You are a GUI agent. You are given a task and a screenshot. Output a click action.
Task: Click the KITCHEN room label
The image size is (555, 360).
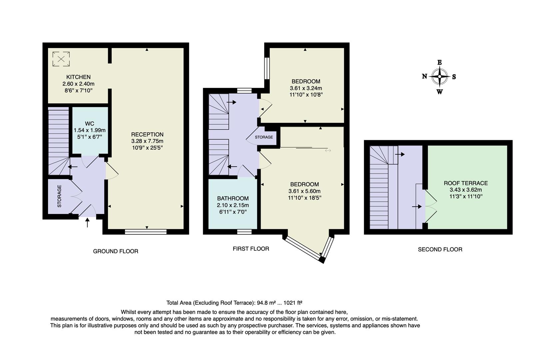[78, 77]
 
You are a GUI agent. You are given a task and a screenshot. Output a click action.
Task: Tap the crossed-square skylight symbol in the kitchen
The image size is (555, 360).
[61, 59]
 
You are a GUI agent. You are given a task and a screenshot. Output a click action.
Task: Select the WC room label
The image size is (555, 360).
[90, 124]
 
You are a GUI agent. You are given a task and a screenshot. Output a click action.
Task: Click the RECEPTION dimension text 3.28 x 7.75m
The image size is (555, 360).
[147, 141]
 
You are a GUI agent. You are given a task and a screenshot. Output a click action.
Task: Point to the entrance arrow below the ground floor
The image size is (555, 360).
[88, 222]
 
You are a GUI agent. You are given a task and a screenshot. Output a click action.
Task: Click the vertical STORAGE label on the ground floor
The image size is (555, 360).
[60, 196]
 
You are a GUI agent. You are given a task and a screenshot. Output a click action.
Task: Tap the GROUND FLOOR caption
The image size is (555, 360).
[115, 251]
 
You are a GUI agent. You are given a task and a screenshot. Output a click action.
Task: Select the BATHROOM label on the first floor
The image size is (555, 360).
[233, 198]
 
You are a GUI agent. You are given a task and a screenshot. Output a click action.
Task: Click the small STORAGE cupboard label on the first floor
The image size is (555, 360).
[264, 137]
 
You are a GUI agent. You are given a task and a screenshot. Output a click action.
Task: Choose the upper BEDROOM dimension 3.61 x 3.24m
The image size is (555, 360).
[306, 88]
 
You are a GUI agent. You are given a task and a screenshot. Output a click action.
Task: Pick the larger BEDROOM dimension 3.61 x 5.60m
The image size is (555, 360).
[304, 191]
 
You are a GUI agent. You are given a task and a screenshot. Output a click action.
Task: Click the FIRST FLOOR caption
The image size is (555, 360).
[251, 249]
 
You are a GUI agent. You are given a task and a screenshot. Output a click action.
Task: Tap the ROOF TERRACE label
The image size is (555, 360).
[465, 183]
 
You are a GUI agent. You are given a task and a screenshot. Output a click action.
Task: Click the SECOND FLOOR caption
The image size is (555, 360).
[440, 249]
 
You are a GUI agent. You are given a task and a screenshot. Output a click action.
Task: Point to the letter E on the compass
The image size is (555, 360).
[439, 62]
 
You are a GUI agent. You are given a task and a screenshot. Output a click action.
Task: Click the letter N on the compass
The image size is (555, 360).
[424, 76]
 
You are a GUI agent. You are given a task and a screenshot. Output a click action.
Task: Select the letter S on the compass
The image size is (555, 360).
[454, 77]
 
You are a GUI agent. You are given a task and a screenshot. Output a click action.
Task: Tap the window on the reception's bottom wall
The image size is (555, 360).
[146, 231]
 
